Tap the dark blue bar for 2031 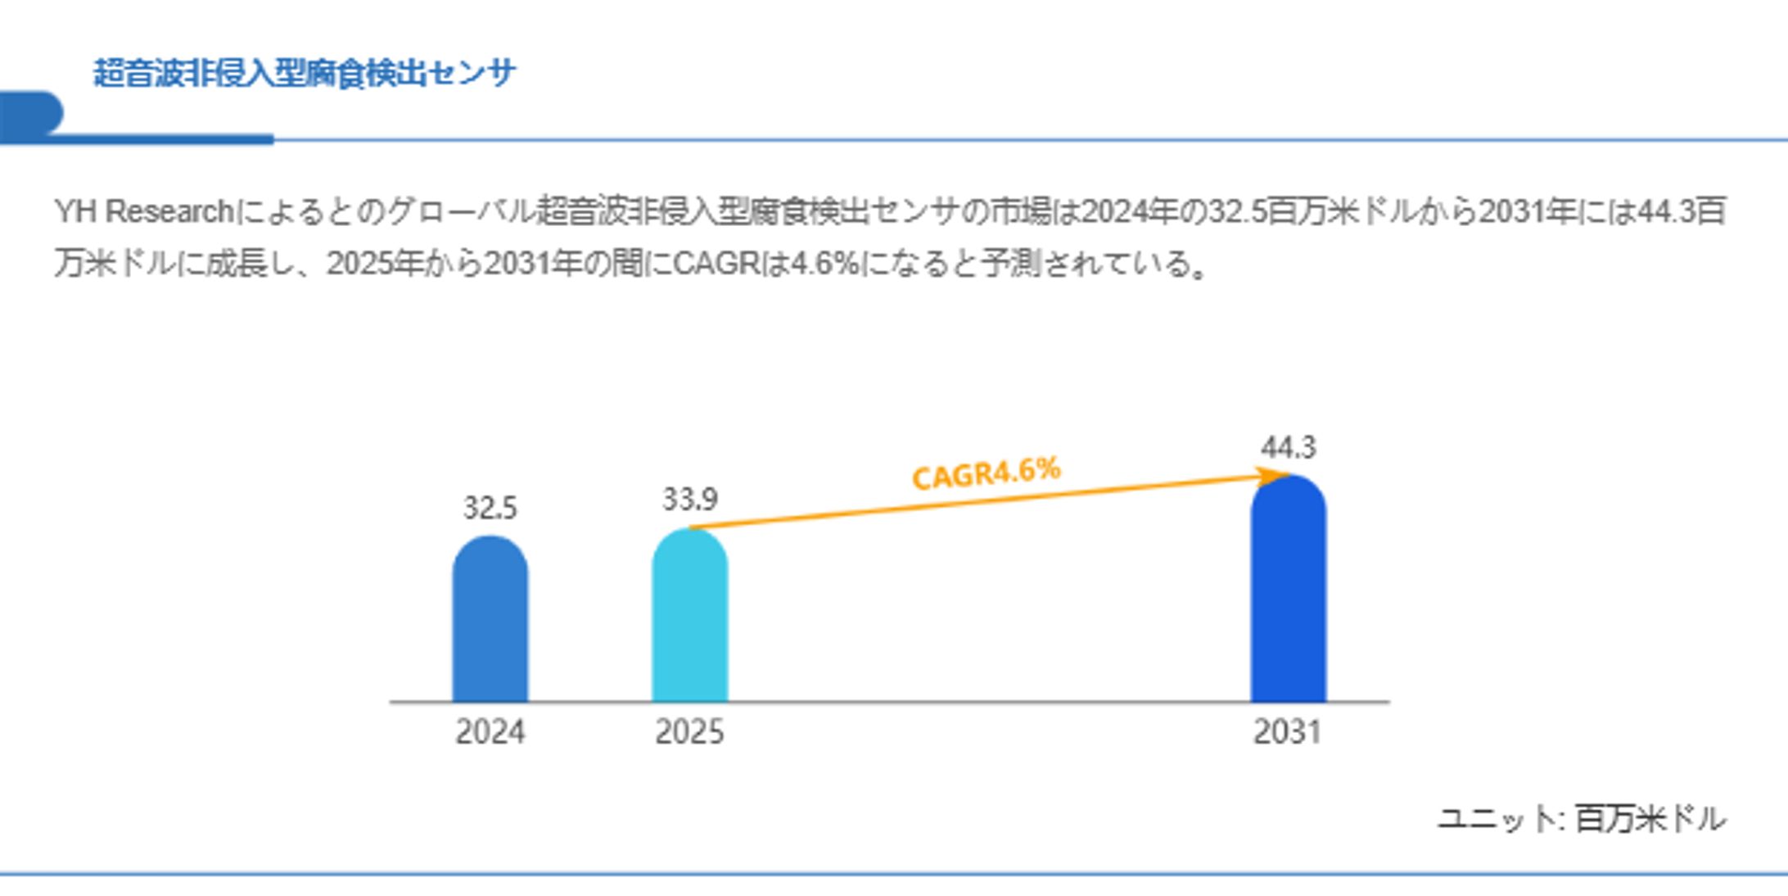(1288, 590)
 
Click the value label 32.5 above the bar (490, 509)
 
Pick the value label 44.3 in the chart (1288, 448)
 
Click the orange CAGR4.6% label (986, 473)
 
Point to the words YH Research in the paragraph (144, 212)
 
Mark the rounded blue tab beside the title (31, 113)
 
